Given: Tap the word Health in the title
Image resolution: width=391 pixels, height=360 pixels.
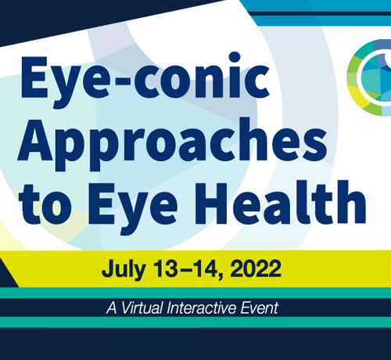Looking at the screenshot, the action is tap(283, 203).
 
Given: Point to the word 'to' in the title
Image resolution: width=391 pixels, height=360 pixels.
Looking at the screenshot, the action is tap(45, 205).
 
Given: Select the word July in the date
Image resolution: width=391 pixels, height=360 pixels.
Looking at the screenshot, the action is tap(124, 269).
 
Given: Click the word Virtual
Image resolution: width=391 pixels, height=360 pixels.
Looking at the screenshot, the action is tap(142, 308).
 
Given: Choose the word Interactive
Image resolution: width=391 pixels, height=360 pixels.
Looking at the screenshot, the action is tap(202, 308).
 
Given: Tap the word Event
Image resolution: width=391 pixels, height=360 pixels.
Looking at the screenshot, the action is tap(260, 308).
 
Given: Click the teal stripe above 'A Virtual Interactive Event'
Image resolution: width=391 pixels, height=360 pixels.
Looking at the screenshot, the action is tap(195, 293).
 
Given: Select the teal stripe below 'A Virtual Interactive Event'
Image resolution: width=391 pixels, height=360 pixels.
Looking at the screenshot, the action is tap(195, 322).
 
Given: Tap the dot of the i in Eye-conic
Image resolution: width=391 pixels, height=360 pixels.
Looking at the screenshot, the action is tap(235, 57).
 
